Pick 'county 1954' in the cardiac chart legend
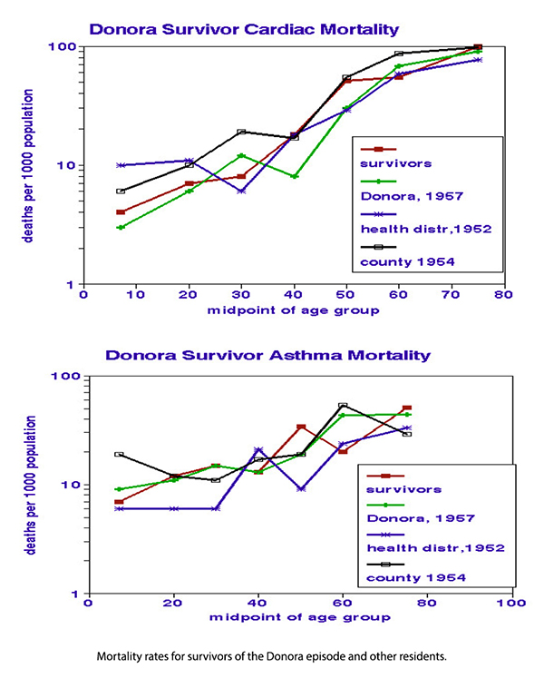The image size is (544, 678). click(x=403, y=261)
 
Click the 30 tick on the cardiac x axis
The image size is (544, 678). click(x=241, y=295)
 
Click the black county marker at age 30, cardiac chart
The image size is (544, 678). click(x=241, y=133)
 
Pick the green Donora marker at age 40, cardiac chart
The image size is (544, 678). click(x=295, y=176)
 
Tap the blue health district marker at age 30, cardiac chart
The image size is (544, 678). click(x=241, y=191)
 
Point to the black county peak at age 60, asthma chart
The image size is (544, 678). click(x=343, y=406)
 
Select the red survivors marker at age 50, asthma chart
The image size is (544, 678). click(x=300, y=427)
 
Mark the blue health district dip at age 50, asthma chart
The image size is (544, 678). click(x=300, y=488)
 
